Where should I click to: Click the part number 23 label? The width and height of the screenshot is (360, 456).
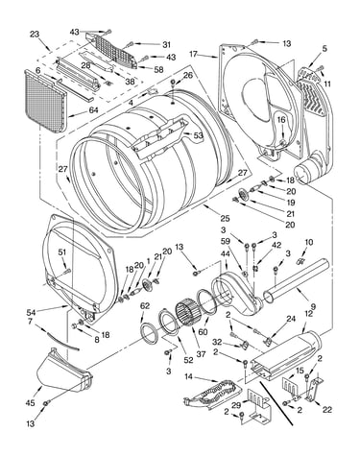coord(35,34)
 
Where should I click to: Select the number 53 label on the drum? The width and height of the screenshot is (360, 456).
coord(198,135)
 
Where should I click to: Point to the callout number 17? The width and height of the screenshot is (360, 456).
coord(193,54)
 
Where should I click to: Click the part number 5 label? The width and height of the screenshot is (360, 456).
coord(324,49)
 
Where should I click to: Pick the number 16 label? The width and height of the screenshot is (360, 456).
coord(281,120)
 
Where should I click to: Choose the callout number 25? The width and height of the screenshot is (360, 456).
coord(225,218)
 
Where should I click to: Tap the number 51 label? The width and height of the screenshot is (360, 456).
coord(62,252)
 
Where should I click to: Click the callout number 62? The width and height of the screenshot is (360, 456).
coord(145,306)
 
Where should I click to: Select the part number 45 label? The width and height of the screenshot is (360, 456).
coord(31,403)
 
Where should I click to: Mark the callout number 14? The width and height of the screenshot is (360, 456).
coord(188,376)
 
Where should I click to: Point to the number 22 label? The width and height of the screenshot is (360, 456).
coord(327,409)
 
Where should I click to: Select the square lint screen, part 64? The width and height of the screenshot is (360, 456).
coord(45,102)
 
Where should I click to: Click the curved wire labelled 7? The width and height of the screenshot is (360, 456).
coord(62,342)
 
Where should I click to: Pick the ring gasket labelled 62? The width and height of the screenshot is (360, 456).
coord(150,334)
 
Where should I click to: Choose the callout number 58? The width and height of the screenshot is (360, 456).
coord(158,69)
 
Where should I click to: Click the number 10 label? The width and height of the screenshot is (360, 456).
coord(308,242)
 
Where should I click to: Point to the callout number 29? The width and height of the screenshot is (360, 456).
coord(236,405)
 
